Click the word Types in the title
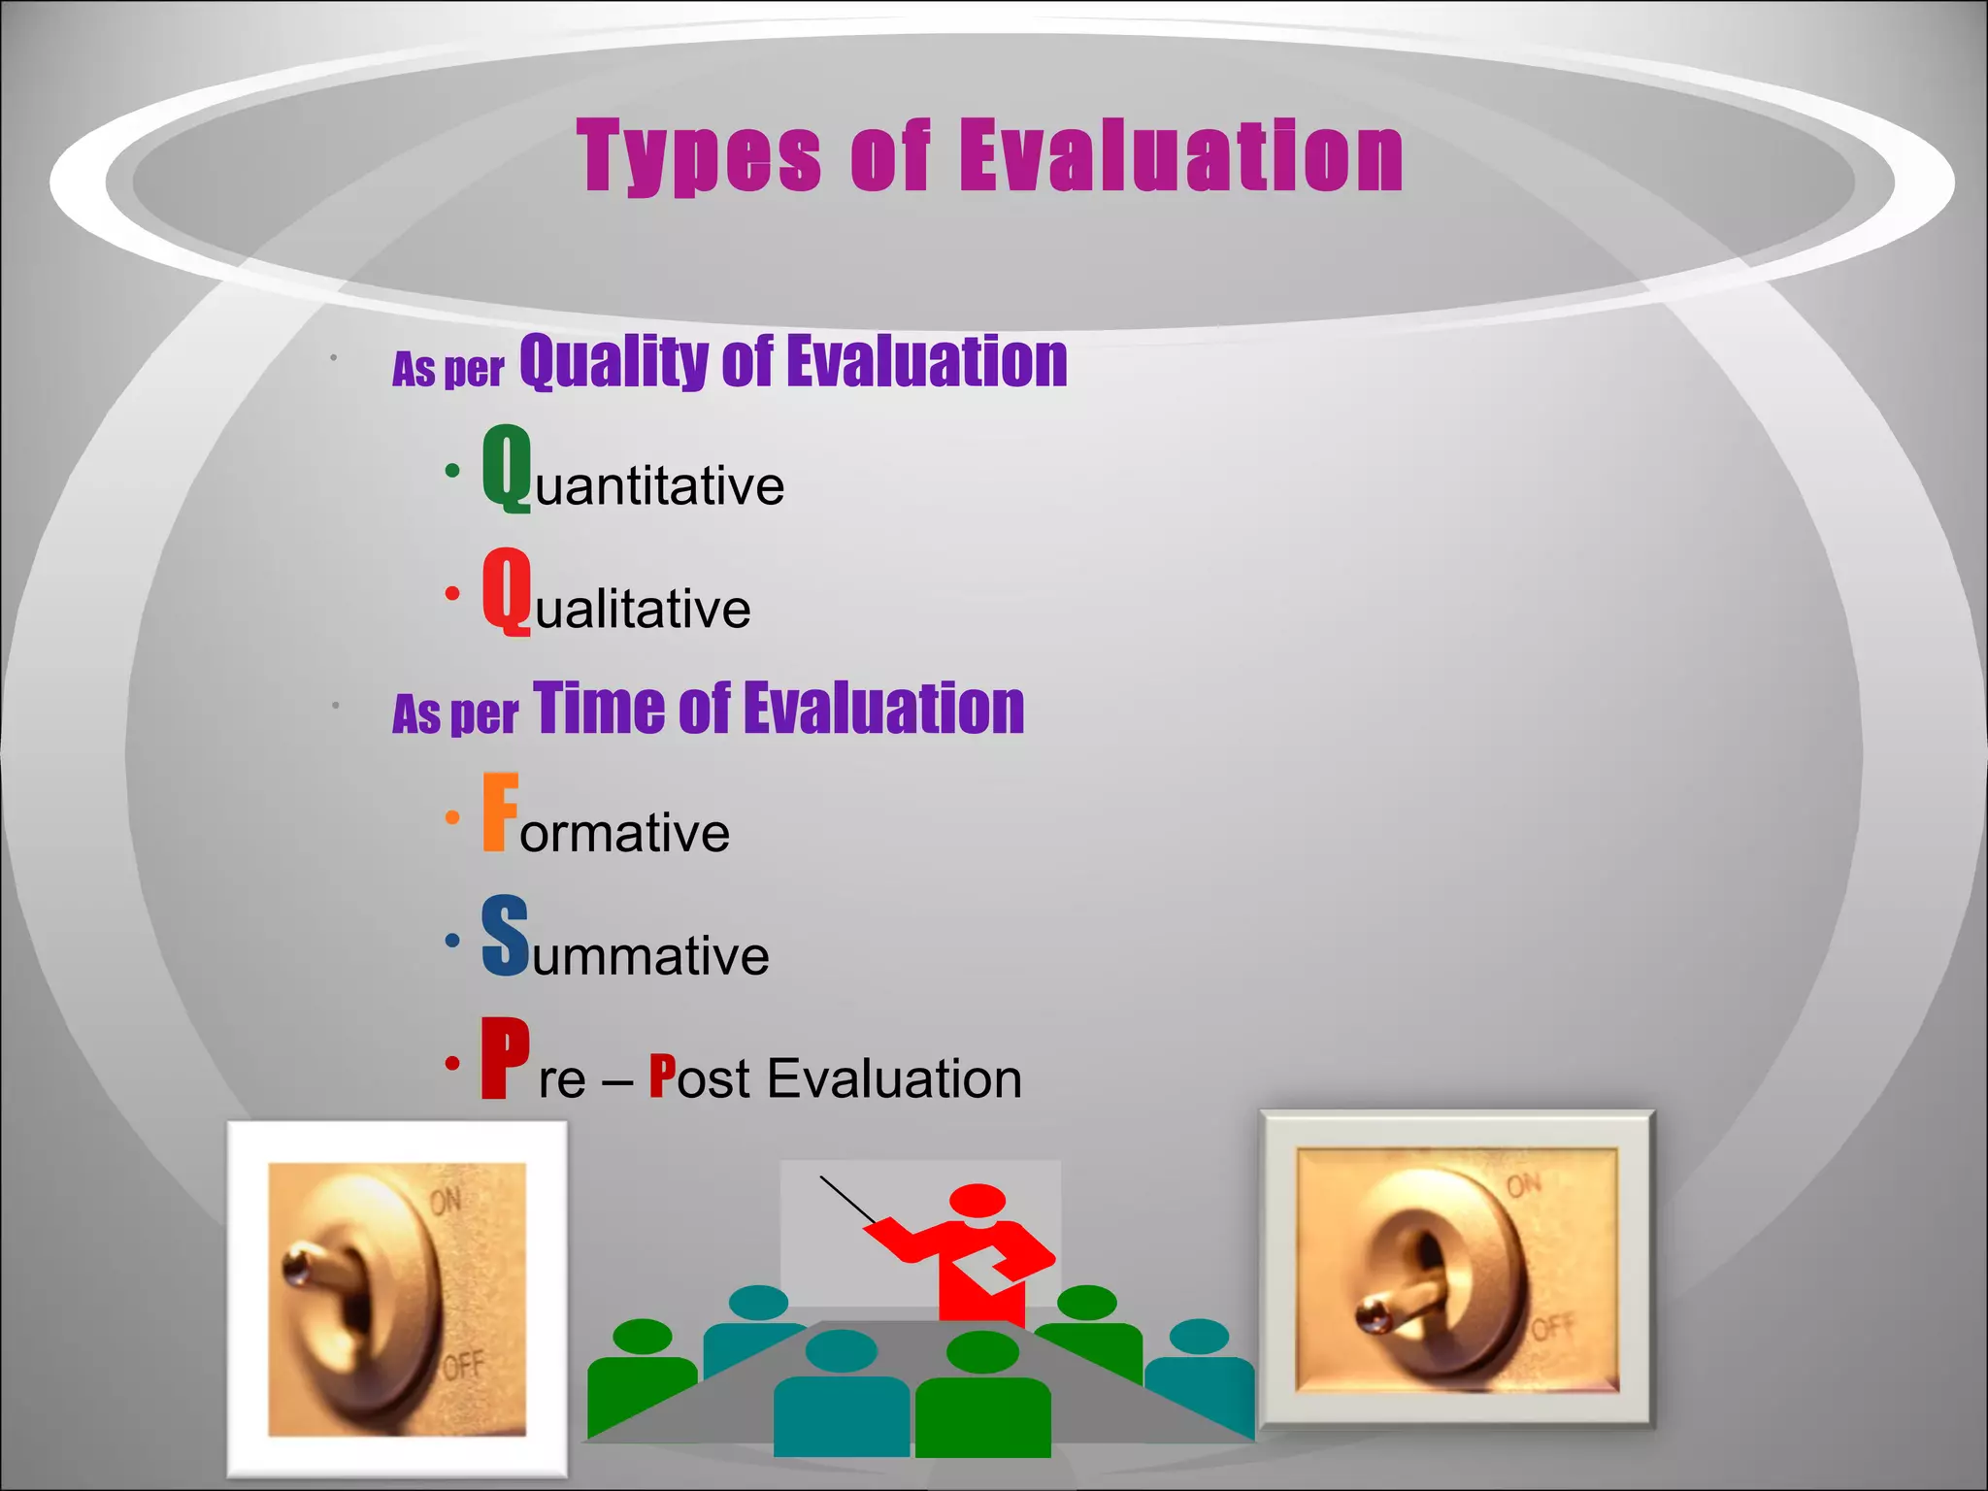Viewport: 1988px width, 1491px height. [x=699, y=157]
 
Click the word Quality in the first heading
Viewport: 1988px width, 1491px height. [x=613, y=362]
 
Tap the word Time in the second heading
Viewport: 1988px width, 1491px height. [x=598, y=709]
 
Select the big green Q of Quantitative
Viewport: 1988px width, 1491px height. [x=507, y=468]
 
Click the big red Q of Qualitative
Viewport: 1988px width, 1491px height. [x=507, y=590]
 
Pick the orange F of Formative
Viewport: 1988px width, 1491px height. [x=500, y=812]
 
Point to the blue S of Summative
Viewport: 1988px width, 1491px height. [x=506, y=937]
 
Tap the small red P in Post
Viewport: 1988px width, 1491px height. [x=662, y=1077]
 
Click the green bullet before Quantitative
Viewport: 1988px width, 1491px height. [x=452, y=471]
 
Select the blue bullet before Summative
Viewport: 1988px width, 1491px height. [x=452, y=940]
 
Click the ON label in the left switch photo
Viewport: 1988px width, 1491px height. [x=446, y=1203]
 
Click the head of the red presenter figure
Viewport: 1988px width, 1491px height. [x=977, y=1200]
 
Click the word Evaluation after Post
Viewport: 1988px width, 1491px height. [x=894, y=1078]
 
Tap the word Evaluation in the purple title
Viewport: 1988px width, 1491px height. [x=1181, y=157]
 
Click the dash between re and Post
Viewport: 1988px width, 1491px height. [x=617, y=1080]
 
